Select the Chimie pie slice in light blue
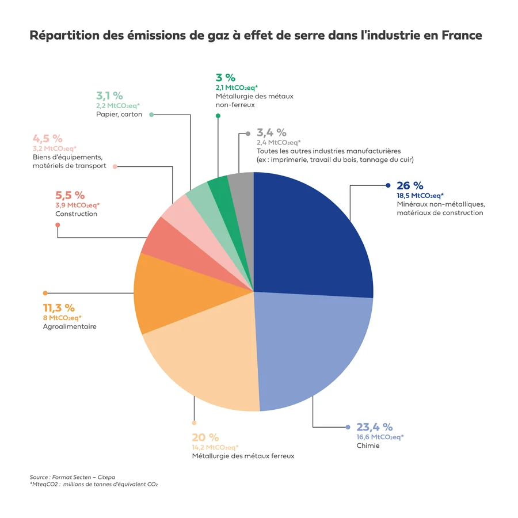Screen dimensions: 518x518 point(311,351)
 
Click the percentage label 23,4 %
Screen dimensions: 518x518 point(374,427)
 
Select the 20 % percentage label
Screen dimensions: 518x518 point(205,437)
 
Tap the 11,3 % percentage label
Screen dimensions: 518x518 point(59,308)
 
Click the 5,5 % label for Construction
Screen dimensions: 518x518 point(70,195)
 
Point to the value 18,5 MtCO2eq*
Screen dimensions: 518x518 point(420,196)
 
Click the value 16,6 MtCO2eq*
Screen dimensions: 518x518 point(380,437)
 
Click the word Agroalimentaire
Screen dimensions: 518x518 point(70,326)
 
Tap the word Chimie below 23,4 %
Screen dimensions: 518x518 point(368,445)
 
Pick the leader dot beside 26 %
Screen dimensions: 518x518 point(388,185)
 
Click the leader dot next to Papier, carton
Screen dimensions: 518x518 point(151,115)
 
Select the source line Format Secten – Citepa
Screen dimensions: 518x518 point(73,477)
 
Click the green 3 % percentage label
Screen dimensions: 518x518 point(226,77)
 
